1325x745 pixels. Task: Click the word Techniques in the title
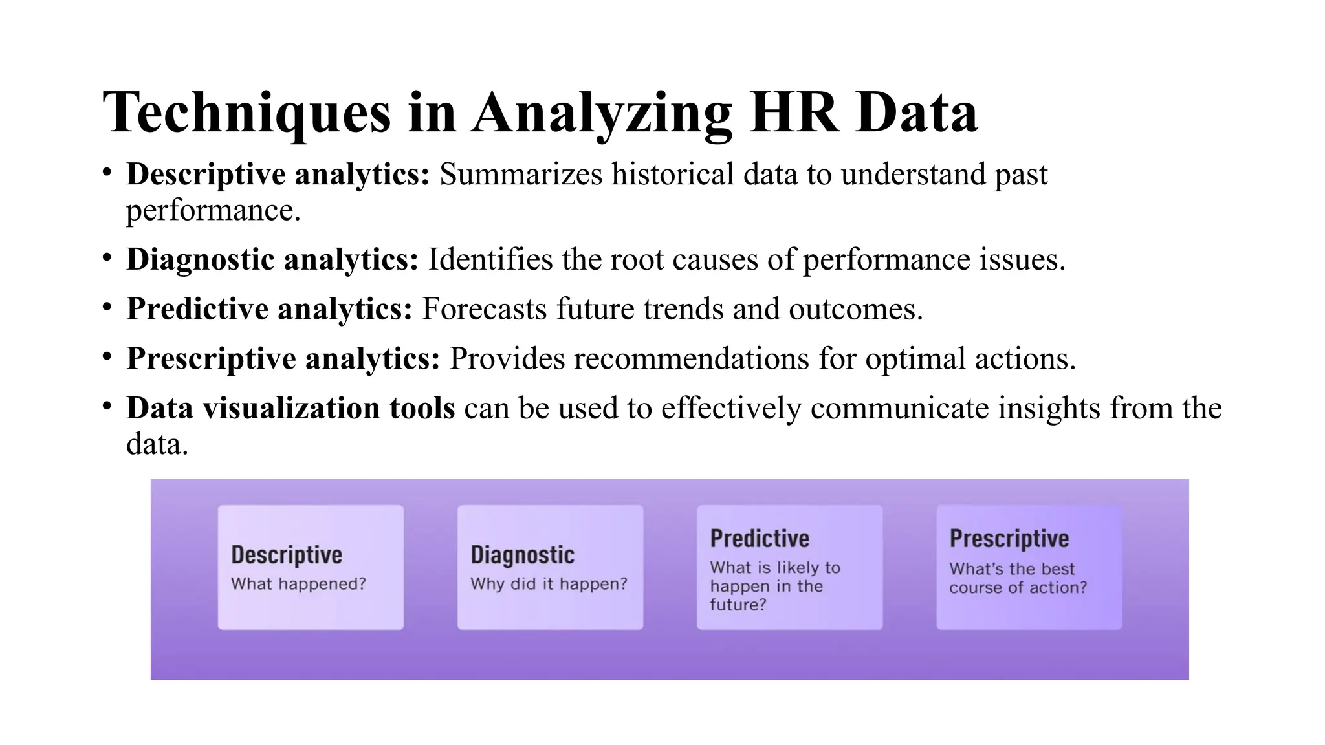point(247,113)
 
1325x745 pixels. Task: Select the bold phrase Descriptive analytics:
point(278,175)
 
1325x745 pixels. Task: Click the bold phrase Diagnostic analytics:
point(272,260)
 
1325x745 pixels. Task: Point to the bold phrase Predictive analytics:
point(269,309)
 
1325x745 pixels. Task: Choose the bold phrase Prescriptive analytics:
point(283,359)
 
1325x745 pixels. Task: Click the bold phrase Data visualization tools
point(290,409)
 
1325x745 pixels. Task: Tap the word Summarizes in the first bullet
point(521,175)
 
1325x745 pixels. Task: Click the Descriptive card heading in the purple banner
point(287,555)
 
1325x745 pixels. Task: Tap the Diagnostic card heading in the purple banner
point(522,555)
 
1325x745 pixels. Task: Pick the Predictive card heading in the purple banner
point(760,539)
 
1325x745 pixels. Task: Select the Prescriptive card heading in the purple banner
point(1009,539)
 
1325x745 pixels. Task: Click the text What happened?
point(298,584)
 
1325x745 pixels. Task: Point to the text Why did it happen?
point(549,584)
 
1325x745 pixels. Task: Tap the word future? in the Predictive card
point(738,605)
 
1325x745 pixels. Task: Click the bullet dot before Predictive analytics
point(107,307)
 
